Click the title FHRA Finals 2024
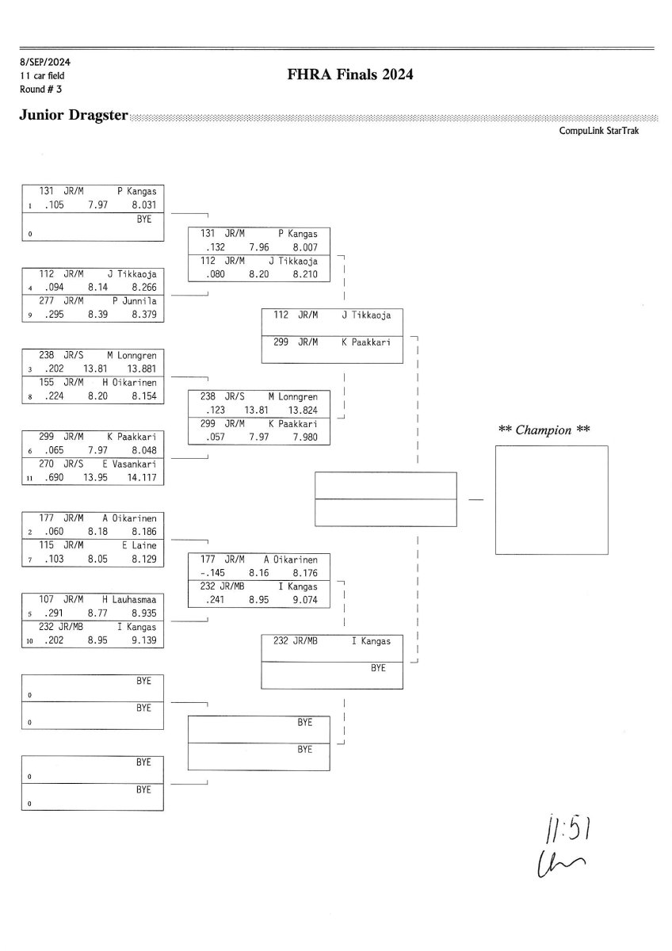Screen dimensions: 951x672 tap(352, 75)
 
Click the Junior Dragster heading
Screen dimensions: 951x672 tap(74, 116)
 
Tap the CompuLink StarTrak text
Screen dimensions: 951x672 tap(599, 132)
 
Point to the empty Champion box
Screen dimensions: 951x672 tap(551, 500)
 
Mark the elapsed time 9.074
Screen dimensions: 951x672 tap(306, 600)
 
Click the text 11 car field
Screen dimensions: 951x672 tap(44, 75)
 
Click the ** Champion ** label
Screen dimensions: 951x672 tap(544, 430)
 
